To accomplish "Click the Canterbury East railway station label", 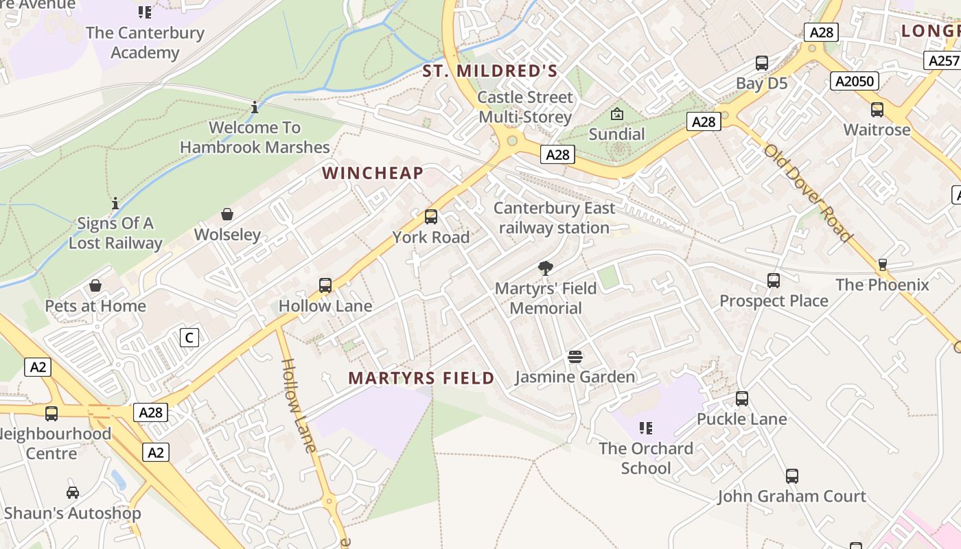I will (x=555, y=218).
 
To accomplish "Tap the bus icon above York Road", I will (x=431, y=217).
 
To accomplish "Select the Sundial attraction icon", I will (x=617, y=114).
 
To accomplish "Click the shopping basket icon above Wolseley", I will (x=227, y=215).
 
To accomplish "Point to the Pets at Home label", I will (x=95, y=306).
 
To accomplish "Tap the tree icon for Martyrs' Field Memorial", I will (x=546, y=268).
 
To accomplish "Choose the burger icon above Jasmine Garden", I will (x=575, y=357).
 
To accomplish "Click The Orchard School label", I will (x=645, y=458).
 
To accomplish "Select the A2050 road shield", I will (x=855, y=81).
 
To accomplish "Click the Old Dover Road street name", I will (x=808, y=193).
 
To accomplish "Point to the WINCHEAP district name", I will (x=373, y=173).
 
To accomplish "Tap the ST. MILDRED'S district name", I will (x=489, y=71).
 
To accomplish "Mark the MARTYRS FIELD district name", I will (x=421, y=378).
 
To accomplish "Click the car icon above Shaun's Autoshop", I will (x=72, y=493).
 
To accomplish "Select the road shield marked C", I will (x=189, y=338).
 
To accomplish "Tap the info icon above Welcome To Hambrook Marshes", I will (x=255, y=108).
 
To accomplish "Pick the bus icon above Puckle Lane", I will (x=741, y=399).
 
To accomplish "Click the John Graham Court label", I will (x=791, y=496).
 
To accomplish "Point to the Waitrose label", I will (x=877, y=130).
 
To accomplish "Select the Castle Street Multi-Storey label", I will (x=525, y=107).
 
